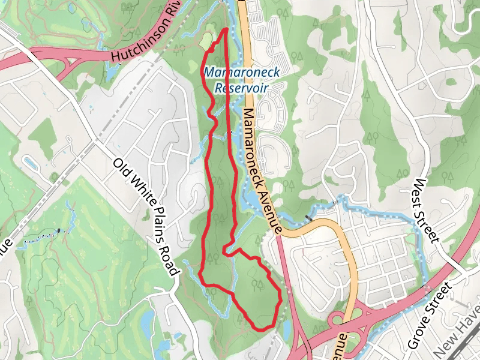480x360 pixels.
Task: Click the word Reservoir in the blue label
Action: click(x=240, y=88)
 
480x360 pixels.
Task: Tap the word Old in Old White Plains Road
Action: click(x=122, y=171)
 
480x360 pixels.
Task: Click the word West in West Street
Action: click(x=422, y=193)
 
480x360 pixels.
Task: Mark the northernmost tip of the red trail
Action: click(x=226, y=28)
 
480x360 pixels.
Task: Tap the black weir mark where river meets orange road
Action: click(x=308, y=217)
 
